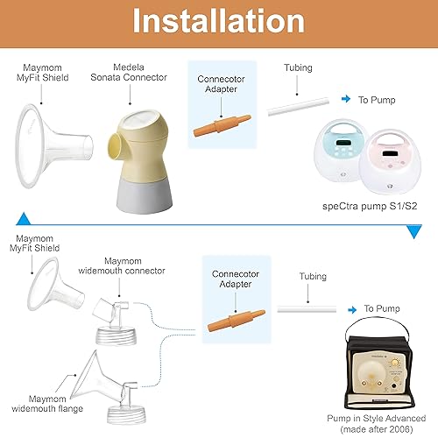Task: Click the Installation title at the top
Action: tap(218, 21)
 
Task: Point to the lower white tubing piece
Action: tap(307, 307)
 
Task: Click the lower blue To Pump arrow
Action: tap(352, 308)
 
